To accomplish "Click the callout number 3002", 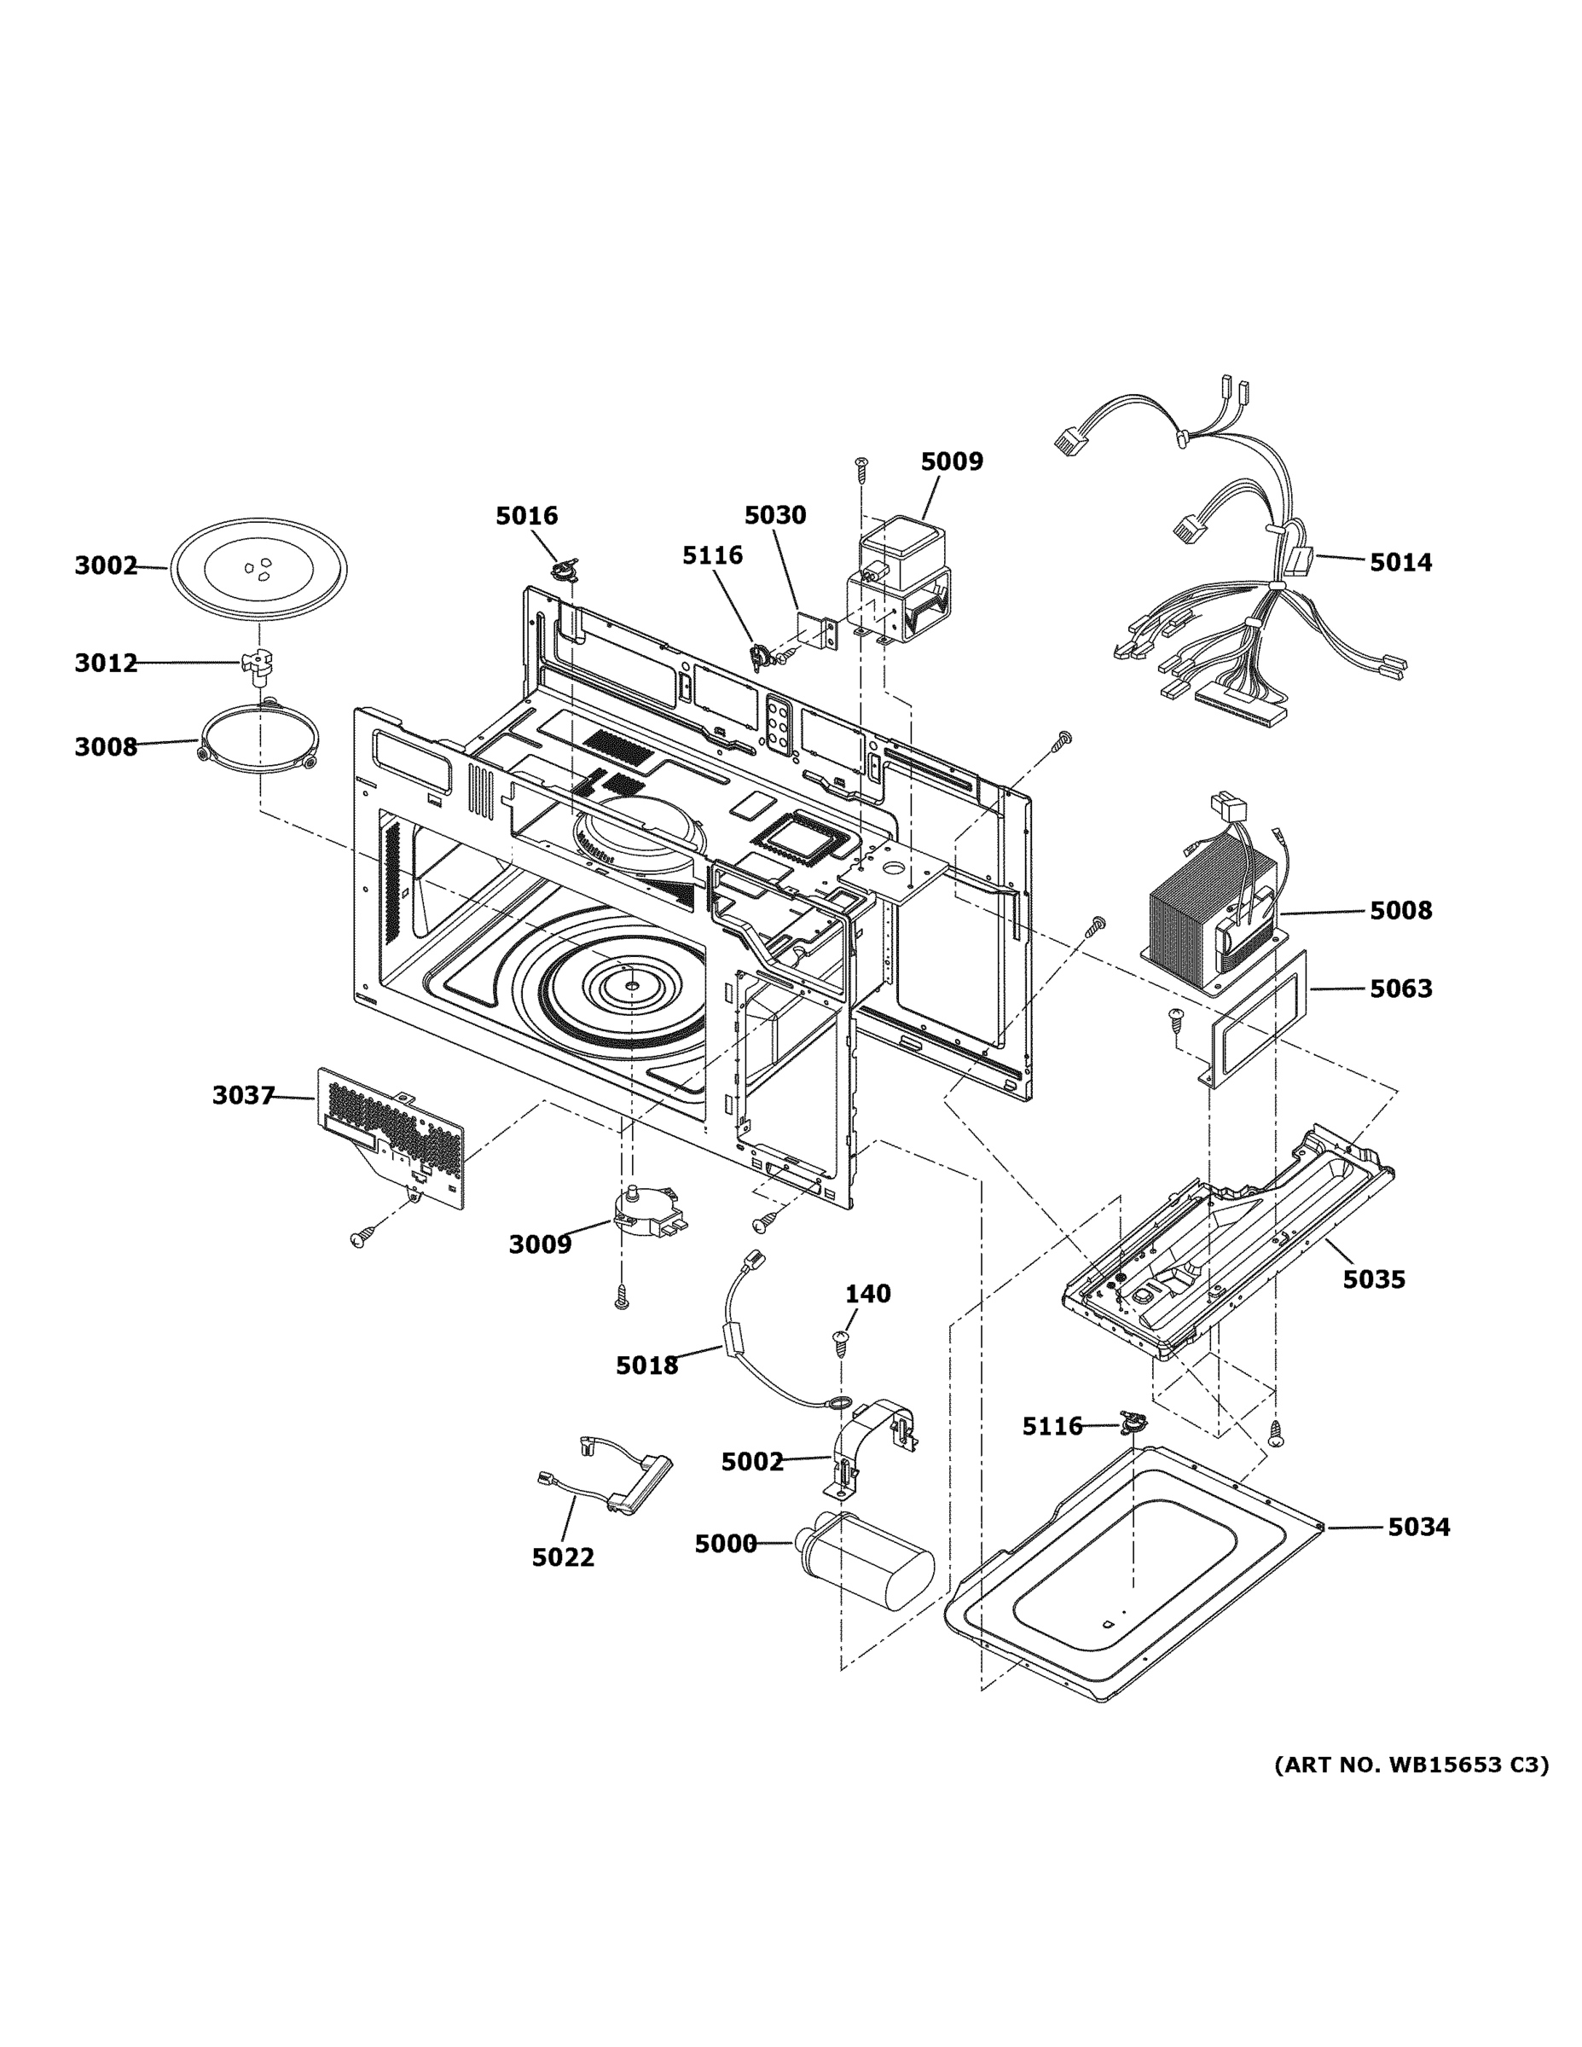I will point(106,565).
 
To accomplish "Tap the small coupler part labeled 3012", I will point(257,664).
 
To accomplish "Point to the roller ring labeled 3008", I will point(258,743).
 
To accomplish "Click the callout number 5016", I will point(527,515).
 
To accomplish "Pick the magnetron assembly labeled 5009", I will point(901,581).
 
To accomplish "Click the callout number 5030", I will point(775,514).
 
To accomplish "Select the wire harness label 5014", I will point(1400,562).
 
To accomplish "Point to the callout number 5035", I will point(1373,1279).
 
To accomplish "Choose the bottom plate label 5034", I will point(1418,1527).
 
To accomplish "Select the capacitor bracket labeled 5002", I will point(872,1448).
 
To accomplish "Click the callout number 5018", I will point(646,1366).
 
